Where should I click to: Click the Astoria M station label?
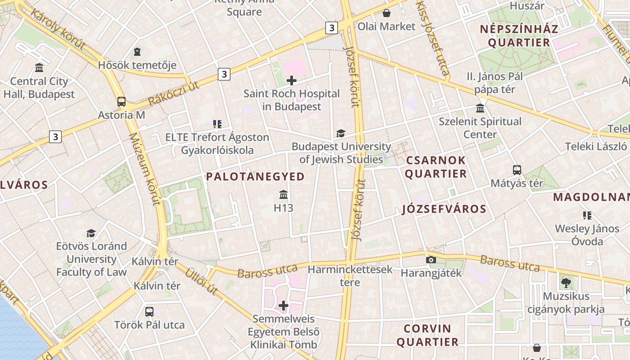pos(121,115)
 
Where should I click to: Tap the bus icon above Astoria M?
pos(121,101)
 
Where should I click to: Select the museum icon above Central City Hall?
pos(39,68)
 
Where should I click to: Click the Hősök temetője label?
pos(137,65)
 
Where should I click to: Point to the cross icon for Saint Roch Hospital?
pos(292,81)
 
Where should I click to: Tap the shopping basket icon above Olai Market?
pos(386,13)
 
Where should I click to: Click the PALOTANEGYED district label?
pos(255,177)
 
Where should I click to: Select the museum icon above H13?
pos(283,194)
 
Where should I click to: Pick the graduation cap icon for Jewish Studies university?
pos(341,133)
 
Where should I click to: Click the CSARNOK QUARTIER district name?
pos(436,167)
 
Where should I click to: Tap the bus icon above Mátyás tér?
pos(517,170)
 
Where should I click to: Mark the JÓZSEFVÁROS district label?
pos(444,209)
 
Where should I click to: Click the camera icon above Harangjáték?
pos(431,260)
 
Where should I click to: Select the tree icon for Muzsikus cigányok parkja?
pos(566,283)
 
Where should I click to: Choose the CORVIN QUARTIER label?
pos(427,335)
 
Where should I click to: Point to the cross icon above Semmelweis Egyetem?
pos(283,306)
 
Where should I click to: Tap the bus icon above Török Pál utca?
pos(149,311)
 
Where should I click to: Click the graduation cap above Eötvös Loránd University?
pos(91,233)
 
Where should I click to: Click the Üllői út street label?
pos(202,280)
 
